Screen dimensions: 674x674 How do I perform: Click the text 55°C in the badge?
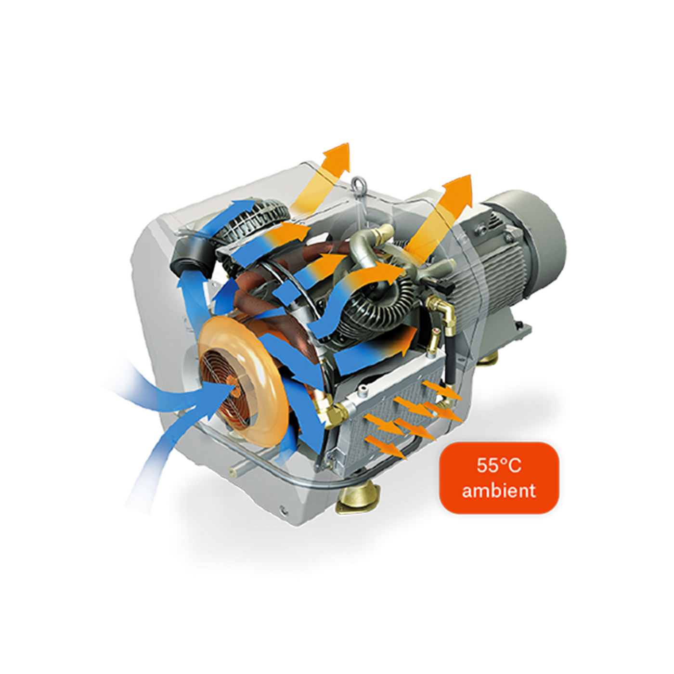(499, 466)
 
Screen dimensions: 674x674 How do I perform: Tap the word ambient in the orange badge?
(499, 491)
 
